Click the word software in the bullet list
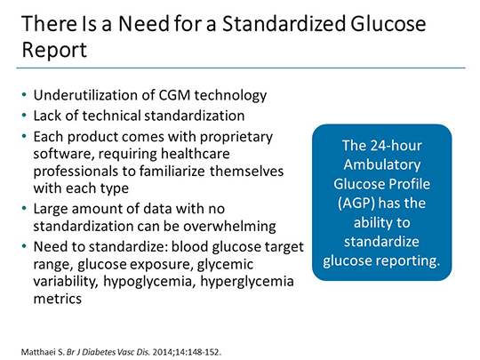[62, 156]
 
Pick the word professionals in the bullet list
[75, 172]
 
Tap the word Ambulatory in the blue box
[382, 163]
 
